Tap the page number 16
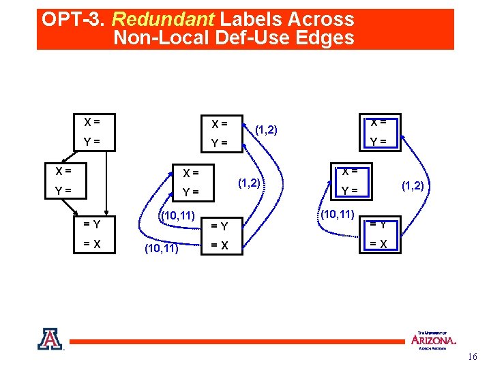coord(473,357)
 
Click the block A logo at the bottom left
coord(50,339)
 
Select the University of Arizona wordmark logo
coord(433,339)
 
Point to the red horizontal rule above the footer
coord(239,341)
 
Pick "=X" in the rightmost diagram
coord(378,244)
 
